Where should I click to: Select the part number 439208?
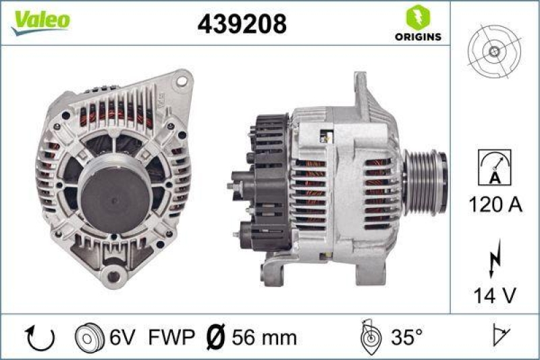pyautogui.click(x=242, y=24)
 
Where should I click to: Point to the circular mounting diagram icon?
pyautogui.click(x=494, y=51)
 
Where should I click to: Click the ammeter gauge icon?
pyautogui.click(x=494, y=166)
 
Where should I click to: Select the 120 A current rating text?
pyautogui.click(x=495, y=205)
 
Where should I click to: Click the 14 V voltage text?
pyautogui.click(x=495, y=294)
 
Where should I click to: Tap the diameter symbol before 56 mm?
pyautogui.click(x=214, y=336)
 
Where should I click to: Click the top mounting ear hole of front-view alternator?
pyautogui.click(x=180, y=81)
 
